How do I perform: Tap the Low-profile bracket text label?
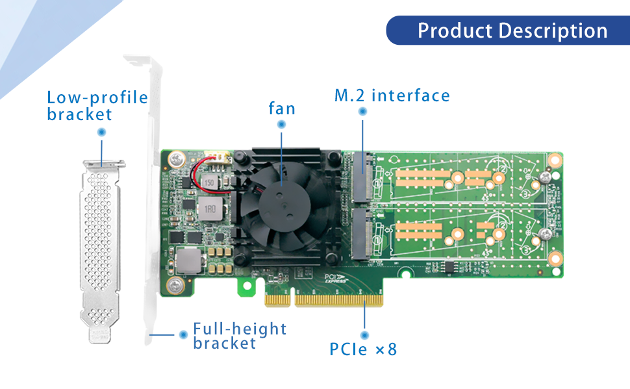pos(97,106)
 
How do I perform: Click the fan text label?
pos(282,108)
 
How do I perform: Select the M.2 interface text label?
pos(392,96)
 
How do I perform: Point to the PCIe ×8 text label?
pos(363,349)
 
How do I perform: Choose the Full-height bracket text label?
pos(240,336)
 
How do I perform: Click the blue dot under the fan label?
pos(281,125)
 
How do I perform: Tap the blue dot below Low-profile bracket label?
pos(101,132)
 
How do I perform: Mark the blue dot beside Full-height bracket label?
pos(183,334)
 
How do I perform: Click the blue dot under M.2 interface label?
pos(362,112)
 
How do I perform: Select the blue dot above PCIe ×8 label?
pos(364,333)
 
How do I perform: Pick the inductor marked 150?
pos(209,183)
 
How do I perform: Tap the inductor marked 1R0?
pos(210,210)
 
